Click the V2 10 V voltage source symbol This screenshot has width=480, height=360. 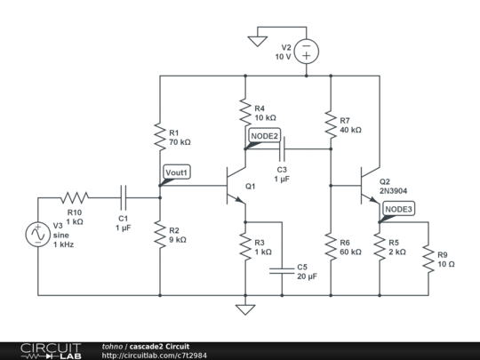[307, 52]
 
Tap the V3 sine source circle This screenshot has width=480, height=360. [38, 235]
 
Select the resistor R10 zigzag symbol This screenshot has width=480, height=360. [75, 197]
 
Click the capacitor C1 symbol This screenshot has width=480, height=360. [124, 197]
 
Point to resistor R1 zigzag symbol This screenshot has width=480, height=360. [160, 137]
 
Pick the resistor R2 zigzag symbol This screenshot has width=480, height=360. [160, 235]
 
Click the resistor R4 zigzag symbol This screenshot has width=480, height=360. [245, 112]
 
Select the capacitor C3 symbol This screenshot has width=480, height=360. [282, 149]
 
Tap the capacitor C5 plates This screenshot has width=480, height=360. [282, 271]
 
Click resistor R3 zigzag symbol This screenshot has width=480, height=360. [245, 247]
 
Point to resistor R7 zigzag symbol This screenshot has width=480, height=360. [331, 124]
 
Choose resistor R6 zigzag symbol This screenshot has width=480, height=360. [331, 247]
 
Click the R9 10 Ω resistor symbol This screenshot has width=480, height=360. [428, 259]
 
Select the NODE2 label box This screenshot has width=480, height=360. [264, 136]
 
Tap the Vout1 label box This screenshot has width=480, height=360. [177, 172]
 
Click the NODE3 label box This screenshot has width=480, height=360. [398, 209]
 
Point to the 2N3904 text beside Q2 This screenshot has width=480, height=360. [394, 191]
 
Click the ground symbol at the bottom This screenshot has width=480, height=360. [245, 309]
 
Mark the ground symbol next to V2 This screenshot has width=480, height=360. [258, 41]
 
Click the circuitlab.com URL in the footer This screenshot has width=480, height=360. [155, 356]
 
